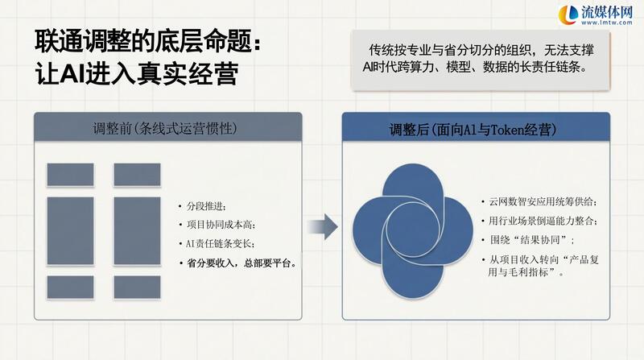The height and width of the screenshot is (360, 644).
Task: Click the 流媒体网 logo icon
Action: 568,14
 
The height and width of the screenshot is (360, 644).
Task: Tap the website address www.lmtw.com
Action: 607,23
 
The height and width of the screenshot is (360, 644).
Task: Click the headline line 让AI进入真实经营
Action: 136,74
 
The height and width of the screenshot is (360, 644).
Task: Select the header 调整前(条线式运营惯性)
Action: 165,129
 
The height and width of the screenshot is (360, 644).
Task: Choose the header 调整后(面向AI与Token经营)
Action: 473,130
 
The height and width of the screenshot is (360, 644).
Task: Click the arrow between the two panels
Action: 323,226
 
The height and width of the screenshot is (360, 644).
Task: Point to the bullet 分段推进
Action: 206,206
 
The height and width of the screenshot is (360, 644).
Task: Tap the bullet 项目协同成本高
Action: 221,225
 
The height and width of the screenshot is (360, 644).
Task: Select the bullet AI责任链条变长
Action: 220,244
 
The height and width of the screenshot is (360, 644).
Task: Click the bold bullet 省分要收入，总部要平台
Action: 242,263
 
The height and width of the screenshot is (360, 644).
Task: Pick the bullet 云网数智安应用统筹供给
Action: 543,202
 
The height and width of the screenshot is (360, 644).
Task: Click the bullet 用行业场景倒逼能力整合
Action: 543,221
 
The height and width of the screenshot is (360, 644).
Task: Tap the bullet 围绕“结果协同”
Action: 531,240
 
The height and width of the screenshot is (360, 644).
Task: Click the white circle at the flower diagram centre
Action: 413,230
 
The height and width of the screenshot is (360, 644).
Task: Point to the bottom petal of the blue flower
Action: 413,279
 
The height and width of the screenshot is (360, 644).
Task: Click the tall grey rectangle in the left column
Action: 70,231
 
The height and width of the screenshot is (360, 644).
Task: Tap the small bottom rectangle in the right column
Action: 137,287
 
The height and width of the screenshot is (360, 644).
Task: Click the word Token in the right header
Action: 507,130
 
